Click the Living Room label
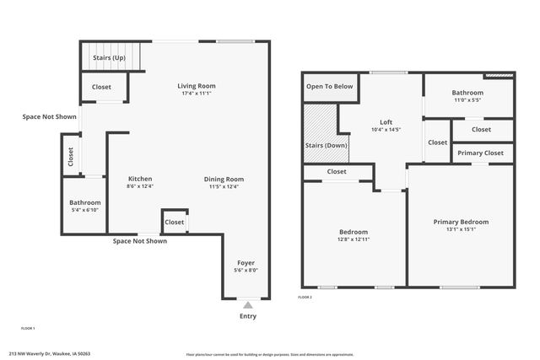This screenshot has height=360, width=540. (197, 86)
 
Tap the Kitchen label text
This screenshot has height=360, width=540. (139, 178)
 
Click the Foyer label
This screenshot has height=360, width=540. (246, 262)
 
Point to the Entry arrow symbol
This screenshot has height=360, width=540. (247, 305)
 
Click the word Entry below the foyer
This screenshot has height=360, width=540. (247, 317)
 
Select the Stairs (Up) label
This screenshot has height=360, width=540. (110, 57)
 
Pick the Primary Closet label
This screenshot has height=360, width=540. (482, 153)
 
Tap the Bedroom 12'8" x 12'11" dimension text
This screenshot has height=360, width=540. (354, 239)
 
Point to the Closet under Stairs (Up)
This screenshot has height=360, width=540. (101, 86)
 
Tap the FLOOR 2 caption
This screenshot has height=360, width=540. (305, 297)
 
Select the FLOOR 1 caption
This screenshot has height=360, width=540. (28, 327)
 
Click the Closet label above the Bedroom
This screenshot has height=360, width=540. (337, 171)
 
